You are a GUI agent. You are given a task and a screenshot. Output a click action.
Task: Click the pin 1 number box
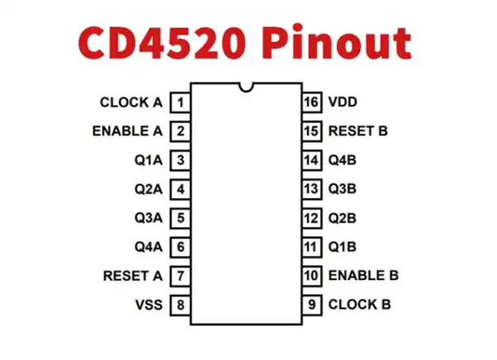180,103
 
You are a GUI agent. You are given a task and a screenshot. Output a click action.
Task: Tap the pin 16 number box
311,103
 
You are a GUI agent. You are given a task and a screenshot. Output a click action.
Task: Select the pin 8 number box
180,305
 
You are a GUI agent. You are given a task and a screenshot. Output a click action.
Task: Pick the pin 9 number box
311,305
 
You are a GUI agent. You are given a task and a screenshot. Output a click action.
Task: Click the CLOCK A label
130,103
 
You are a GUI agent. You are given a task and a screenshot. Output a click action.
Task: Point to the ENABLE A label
127,131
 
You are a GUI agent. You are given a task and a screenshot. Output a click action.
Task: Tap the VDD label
343,103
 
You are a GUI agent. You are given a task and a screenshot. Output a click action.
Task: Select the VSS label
149,305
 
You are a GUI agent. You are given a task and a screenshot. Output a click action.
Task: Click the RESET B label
357,131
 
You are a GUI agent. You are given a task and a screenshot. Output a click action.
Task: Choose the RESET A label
132,276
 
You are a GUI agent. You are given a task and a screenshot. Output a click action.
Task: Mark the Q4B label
342,160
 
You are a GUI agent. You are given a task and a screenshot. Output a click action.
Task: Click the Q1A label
149,160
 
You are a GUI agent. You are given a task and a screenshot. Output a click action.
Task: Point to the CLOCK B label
359,305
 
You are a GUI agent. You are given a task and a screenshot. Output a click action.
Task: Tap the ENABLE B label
363,276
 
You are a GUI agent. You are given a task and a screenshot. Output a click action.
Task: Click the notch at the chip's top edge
245,86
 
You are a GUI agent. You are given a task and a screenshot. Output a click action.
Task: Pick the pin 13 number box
311,189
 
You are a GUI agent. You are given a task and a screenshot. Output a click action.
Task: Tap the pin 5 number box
180,218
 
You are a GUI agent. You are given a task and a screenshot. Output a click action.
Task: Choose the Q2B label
342,218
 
